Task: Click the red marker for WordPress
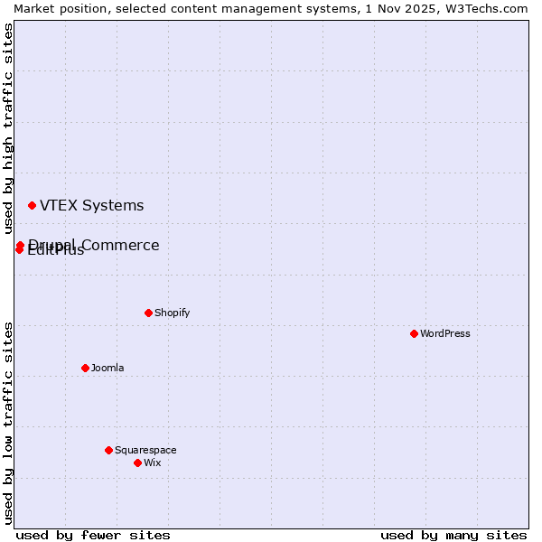pos(414,333)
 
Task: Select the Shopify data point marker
pos(148,313)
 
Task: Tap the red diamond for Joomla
pos(85,368)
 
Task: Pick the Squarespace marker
pos(108,450)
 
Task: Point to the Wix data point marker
pos(137,463)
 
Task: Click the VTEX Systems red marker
pos(32,206)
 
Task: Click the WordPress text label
pos(445,333)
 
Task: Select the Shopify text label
pos(172,313)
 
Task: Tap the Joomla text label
pos(107,368)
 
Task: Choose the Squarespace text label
pos(145,450)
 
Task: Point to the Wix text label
pos(152,463)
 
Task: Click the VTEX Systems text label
pos(91,206)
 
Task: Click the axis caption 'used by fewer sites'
pos(93,535)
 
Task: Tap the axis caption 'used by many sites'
pos(453,535)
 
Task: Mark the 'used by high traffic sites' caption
pos(9,129)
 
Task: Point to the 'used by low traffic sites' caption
pos(9,423)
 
